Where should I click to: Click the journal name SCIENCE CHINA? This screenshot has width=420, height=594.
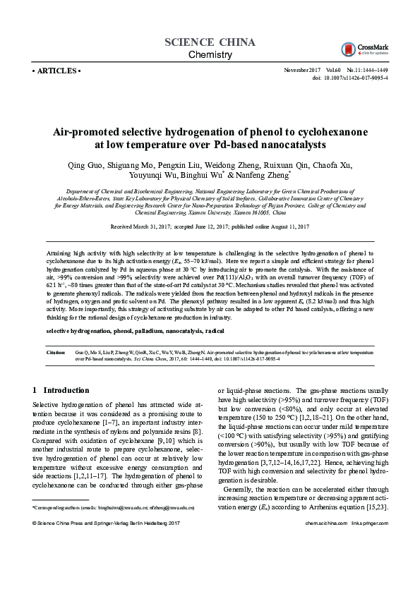coord(210,42)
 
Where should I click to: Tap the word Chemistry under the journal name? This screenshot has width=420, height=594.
coord(210,55)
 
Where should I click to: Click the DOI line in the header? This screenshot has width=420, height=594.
coord(351,78)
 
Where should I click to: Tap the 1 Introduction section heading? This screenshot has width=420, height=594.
coord(61,389)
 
